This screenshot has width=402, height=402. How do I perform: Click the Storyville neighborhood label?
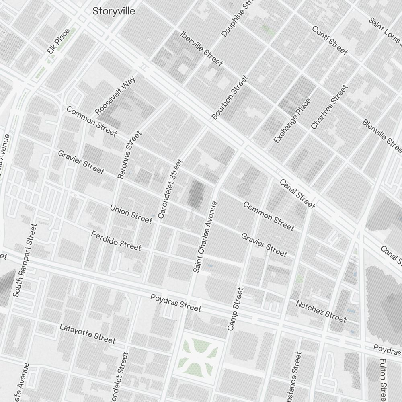tap(114, 11)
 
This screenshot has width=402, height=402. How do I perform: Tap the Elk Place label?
tap(59, 41)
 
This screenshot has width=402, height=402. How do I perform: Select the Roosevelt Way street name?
tap(115, 95)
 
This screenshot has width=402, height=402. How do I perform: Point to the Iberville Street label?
tap(201, 48)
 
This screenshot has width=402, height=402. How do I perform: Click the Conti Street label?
tap(330, 40)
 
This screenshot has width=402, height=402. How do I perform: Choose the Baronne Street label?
tap(129, 154)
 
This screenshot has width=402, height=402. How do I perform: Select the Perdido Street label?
tap(116, 240)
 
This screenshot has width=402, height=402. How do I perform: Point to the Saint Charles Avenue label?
tap(205, 237)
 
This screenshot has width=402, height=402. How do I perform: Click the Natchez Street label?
tap(321, 311)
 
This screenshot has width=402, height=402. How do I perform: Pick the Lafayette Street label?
tap(87, 334)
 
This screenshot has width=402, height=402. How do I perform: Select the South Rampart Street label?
tap(25, 260)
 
